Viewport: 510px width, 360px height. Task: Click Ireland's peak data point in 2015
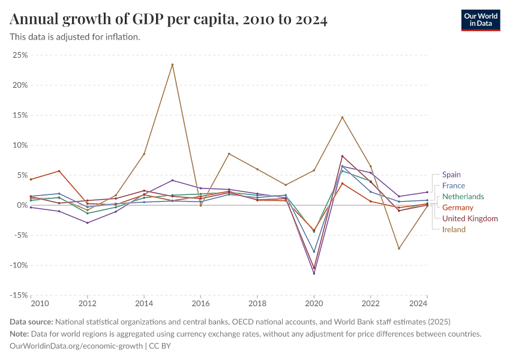tap(172, 65)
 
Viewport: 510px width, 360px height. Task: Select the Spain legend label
tap(451, 175)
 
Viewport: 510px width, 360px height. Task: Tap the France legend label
tap(454, 185)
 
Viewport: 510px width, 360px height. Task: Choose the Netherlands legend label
tap(463, 197)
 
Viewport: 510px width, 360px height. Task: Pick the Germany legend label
tap(458, 208)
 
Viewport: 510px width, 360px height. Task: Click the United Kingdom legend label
tap(470, 218)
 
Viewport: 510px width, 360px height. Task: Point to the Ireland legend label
tap(454, 229)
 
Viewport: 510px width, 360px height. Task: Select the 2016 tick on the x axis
tap(200, 304)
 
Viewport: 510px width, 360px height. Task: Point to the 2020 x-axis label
tap(314, 304)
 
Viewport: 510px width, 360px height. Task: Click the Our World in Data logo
tap(481, 19)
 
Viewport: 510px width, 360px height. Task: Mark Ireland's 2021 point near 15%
tap(342, 117)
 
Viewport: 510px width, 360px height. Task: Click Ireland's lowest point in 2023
tap(398, 248)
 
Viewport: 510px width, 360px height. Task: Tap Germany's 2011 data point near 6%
tap(59, 171)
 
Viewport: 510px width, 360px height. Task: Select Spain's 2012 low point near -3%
tap(88, 223)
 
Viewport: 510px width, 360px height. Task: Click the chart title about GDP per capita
tap(169, 20)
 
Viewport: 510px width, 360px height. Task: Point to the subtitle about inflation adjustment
tap(75, 37)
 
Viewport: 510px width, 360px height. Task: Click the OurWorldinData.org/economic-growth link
tap(77, 346)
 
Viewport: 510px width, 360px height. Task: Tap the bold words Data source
tap(31, 322)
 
